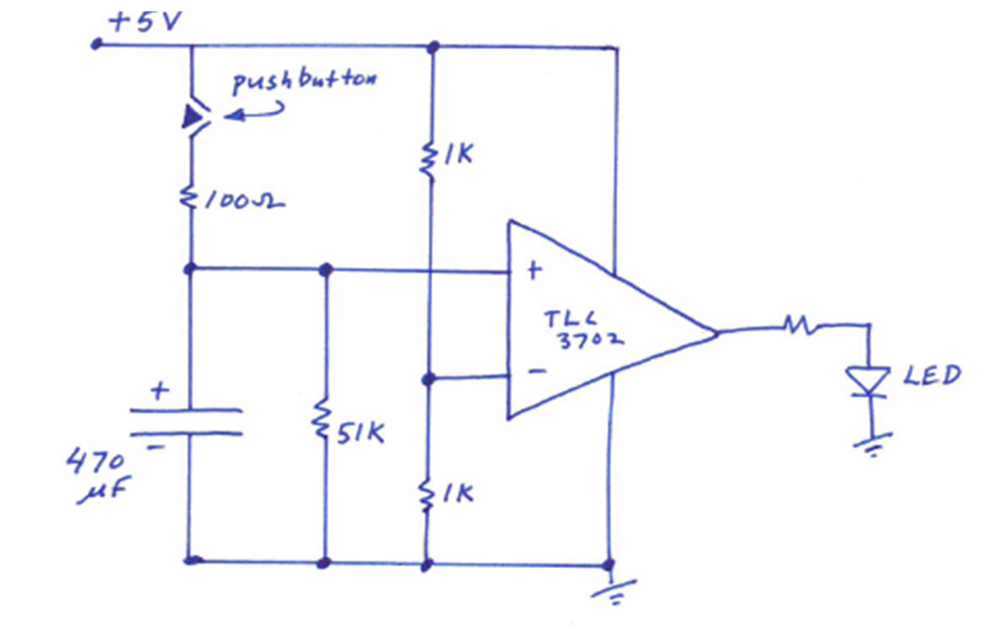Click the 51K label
tap(361, 434)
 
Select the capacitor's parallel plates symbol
tap(187, 421)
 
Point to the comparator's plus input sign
tap(532, 270)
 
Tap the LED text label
tap(932, 374)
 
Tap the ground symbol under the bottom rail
tap(612, 591)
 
